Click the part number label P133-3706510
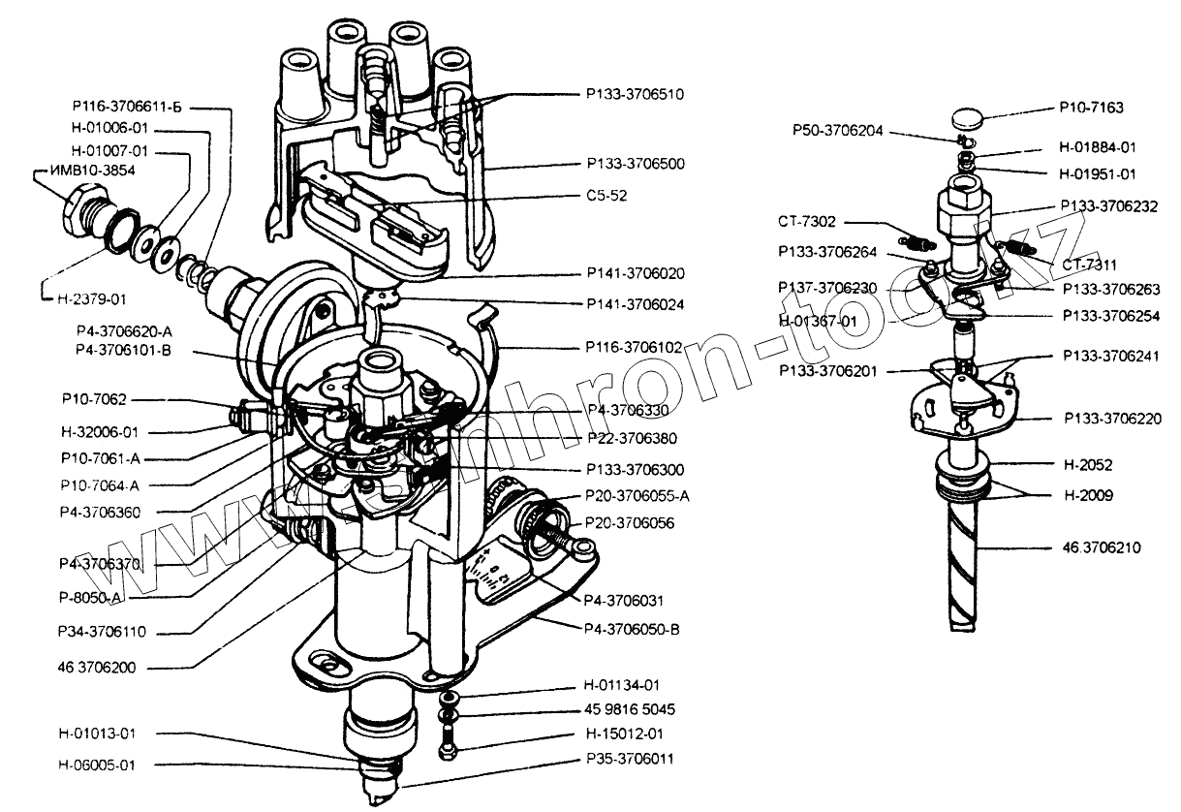click(635, 95)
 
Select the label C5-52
click(606, 195)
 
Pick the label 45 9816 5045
click(630, 708)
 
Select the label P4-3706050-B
click(633, 629)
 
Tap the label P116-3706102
click(635, 345)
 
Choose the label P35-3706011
click(630, 758)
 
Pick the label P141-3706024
click(635, 303)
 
